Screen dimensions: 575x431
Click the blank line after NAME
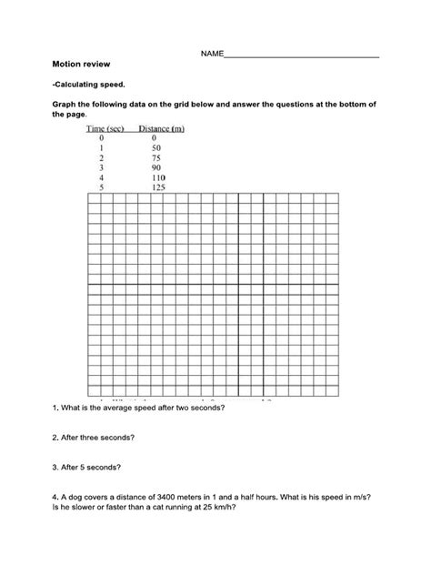click(x=301, y=56)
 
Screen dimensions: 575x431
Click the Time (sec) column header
click(x=105, y=129)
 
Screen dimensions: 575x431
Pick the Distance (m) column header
click(x=162, y=129)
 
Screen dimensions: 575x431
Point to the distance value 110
click(x=159, y=177)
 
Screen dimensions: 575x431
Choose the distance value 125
click(x=159, y=187)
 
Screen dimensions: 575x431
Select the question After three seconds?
click(x=95, y=438)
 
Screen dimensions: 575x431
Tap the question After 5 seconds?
click(x=90, y=468)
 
